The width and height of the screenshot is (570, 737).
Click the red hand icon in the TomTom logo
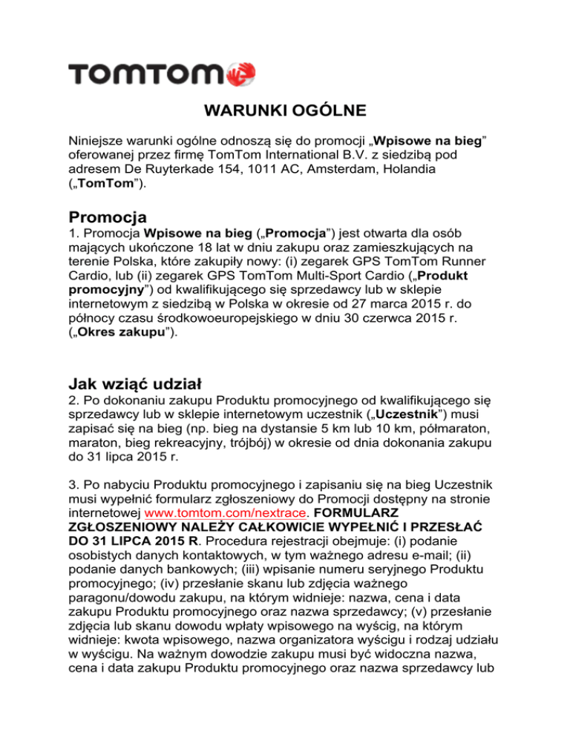pos(243,73)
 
